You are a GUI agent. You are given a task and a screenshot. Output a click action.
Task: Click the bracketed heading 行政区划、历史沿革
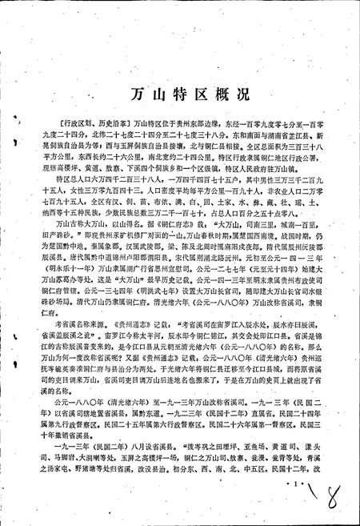pos(84,124)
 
